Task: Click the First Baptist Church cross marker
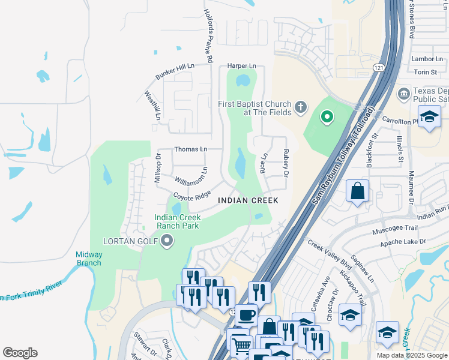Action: pyautogui.click(x=301, y=108)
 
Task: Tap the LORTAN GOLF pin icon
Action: pyautogui.click(x=167, y=241)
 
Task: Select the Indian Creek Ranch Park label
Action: pyautogui.click(x=176, y=221)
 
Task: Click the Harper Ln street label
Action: pyautogui.click(x=241, y=65)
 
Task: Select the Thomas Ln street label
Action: pyautogui.click(x=190, y=149)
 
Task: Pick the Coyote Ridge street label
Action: pyautogui.click(x=192, y=196)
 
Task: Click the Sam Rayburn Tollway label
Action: pyautogui.click(x=343, y=158)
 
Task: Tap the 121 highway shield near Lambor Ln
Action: pyautogui.click(x=378, y=67)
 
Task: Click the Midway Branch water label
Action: pyautogui.click(x=89, y=259)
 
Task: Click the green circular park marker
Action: pyautogui.click(x=327, y=116)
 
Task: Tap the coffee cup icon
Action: pyautogui.click(x=246, y=314)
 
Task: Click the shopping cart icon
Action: pyautogui.click(x=241, y=345)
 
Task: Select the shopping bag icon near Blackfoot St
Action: pyautogui.click(x=358, y=191)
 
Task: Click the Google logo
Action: pyautogui.click(x=20, y=353)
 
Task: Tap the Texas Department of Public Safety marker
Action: pyautogui.click(x=404, y=94)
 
